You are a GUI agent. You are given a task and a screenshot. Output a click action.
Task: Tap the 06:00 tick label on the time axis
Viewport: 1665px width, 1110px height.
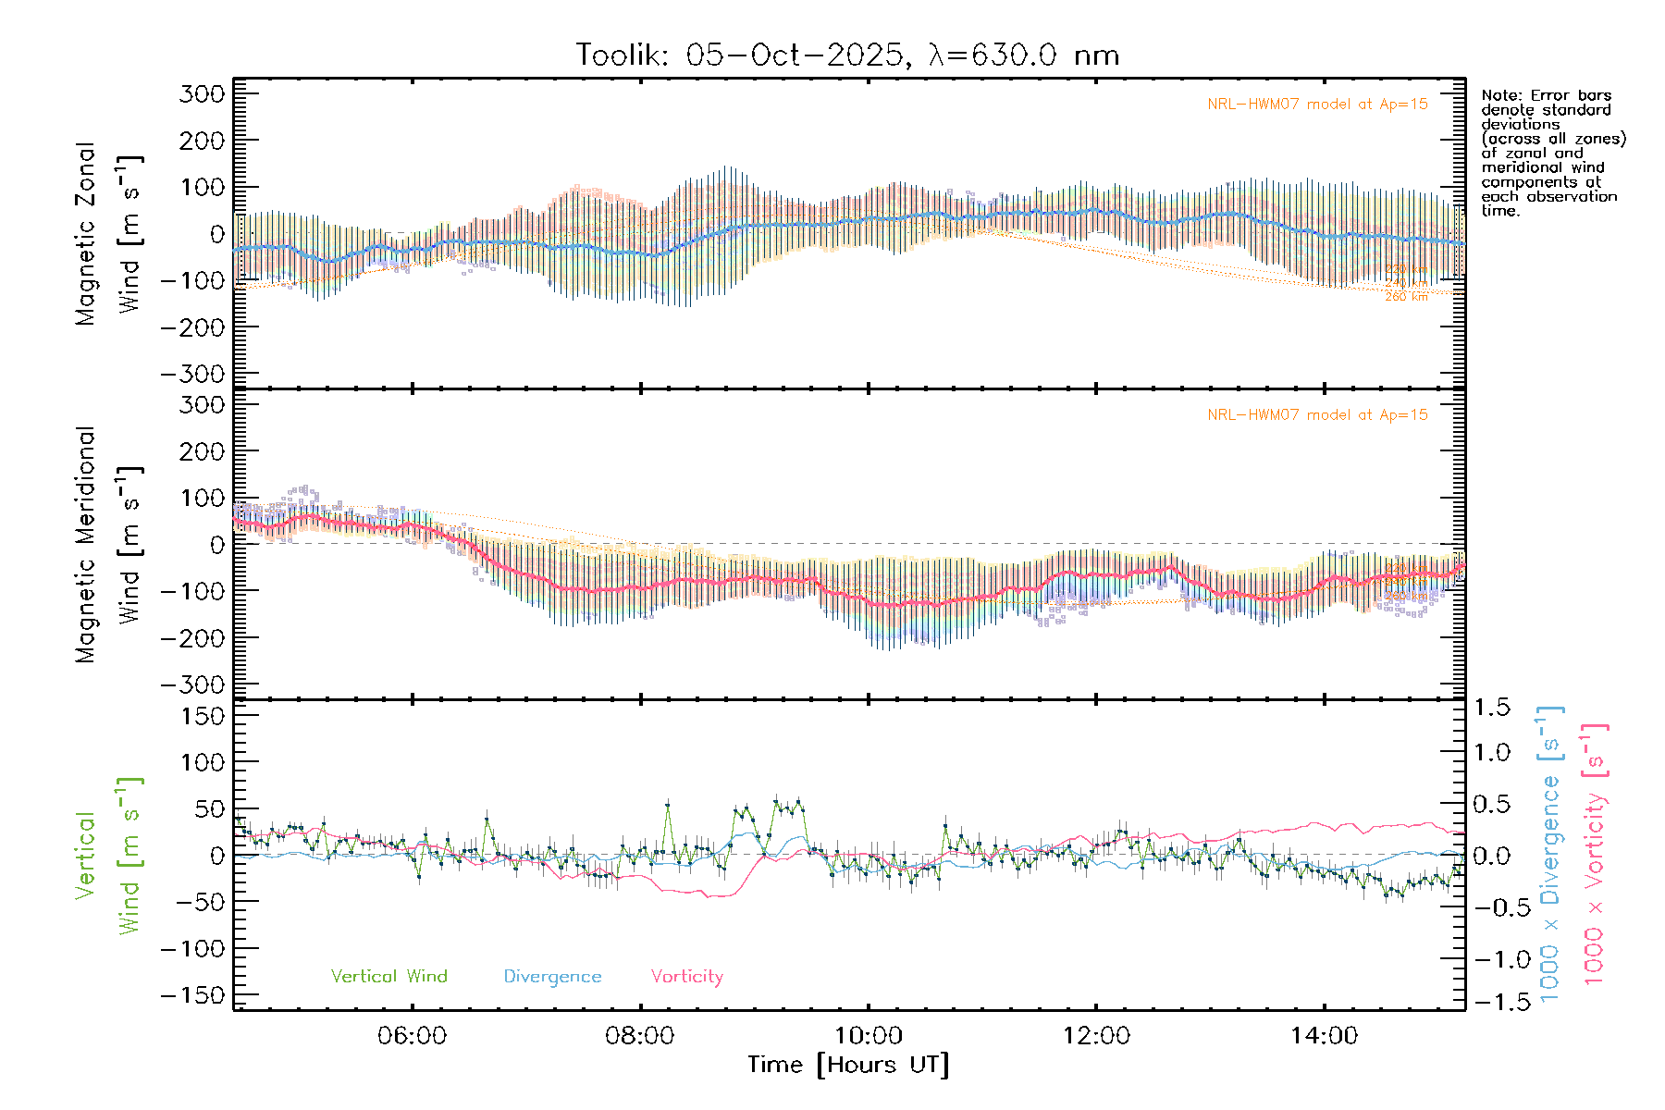click(412, 1036)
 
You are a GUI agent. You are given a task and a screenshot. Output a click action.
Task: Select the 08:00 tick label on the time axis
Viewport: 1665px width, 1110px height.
click(639, 1036)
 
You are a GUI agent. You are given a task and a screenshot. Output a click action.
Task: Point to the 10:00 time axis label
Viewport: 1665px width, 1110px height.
click(868, 1036)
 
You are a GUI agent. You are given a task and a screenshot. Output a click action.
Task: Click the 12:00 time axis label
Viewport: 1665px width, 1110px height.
click(1096, 1036)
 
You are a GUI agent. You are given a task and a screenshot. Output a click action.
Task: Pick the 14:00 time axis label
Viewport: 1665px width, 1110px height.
click(1324, 1036)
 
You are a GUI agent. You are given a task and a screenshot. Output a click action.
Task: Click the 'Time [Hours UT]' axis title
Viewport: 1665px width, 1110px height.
click(848, 1066)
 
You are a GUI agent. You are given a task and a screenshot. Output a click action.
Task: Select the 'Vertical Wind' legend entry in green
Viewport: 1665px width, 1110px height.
click(388, 977)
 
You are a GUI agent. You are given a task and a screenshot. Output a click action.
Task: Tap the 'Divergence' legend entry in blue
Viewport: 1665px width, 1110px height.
click(552, 977)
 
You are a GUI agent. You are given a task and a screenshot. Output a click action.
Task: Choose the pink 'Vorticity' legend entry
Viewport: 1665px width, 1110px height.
click(686, 977)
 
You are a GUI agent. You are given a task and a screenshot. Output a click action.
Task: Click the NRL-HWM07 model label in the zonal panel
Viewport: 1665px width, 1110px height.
click(1317, 105)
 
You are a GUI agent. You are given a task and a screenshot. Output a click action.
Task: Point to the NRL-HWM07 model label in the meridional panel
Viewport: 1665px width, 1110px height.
click(1317, 415)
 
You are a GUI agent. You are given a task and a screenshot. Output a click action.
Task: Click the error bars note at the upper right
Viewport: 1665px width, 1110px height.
click(1552, 153)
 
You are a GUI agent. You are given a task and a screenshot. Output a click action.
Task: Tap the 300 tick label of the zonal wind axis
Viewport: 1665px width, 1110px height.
click(202, 93)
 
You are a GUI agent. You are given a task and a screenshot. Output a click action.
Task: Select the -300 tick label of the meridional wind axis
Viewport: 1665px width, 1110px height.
click(192, 684)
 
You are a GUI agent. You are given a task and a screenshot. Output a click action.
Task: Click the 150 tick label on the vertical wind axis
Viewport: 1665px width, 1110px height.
click(202, 716)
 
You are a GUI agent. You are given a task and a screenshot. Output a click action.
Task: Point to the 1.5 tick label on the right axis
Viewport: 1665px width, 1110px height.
click(1491, 708)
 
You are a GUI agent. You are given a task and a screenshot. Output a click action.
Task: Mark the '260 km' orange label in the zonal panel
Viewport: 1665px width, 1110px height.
click(1406, 297)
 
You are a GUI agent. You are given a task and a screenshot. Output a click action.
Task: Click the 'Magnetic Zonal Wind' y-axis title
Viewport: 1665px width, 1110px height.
click(109, 234)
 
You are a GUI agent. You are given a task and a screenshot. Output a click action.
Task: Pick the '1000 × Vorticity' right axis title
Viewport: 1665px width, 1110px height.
click(1595, 853)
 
